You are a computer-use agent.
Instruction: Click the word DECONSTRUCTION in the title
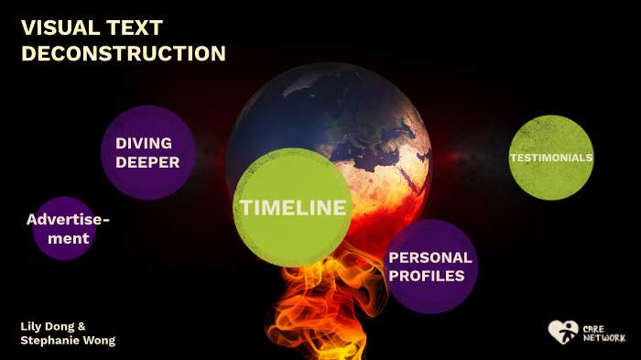(x=123, y=53)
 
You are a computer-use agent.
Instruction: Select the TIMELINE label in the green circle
(x=293, y=208)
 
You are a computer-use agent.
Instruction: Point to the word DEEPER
(x=147, y=163)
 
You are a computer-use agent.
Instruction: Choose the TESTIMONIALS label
(x=551, y=158)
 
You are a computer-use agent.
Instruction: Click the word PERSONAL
(x=430, y=258)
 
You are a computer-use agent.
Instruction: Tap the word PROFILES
(x=426, y=276)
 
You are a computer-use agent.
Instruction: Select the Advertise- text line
(x=68, y=220)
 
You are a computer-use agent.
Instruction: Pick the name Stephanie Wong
(x=68, y=341)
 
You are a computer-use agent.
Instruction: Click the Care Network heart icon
(x=562, y=331)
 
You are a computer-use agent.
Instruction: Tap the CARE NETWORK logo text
(x=603, y=332)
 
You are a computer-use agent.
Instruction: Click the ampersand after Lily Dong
(x=81, y=326)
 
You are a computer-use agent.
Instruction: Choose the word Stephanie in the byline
(x=49, y=341)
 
